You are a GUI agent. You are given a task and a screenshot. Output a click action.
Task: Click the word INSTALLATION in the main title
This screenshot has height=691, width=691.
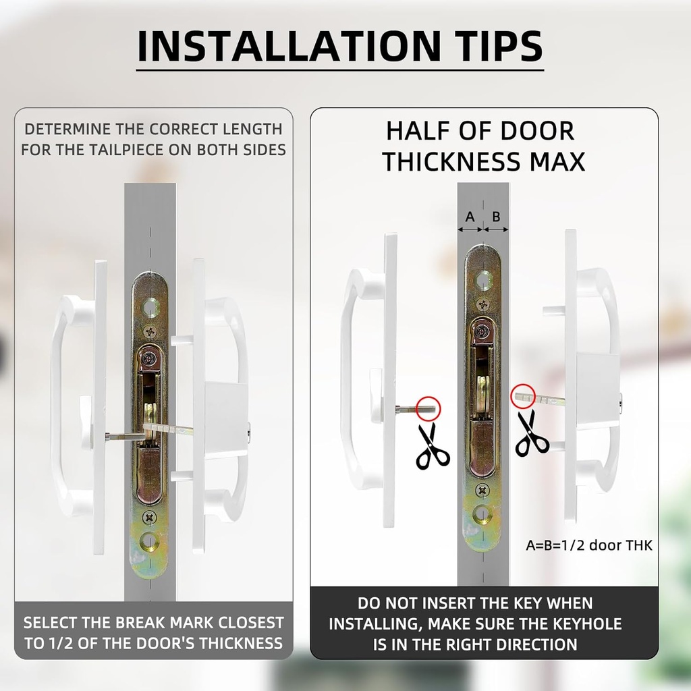289,46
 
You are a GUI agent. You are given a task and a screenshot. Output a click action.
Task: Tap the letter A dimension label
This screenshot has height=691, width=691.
470,217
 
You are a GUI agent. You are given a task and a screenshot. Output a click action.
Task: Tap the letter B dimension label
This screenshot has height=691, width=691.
496,217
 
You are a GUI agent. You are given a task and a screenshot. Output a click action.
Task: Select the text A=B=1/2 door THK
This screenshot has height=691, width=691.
588,545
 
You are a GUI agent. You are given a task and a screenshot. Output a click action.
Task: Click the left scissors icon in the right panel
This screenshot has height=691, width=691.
433,445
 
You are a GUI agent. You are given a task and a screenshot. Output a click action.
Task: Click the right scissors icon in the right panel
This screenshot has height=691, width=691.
532,433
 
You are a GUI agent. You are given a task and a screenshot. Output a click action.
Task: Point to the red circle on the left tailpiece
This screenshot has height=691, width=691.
429,408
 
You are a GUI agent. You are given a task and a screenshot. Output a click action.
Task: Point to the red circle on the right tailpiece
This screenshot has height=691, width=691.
523,396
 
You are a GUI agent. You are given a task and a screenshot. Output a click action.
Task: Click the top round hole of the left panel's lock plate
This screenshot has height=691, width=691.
150,306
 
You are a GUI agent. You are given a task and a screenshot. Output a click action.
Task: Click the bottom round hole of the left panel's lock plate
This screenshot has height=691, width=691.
150,543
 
